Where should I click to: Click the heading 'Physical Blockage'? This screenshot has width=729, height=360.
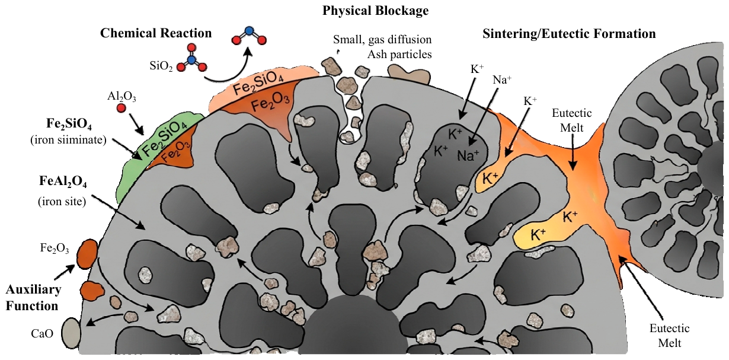pos(375,11)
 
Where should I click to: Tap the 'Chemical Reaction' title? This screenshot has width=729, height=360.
pos(156,33)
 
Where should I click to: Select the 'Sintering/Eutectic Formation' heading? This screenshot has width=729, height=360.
pos(569,34)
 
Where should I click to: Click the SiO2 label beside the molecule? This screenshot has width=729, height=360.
pos(161,66)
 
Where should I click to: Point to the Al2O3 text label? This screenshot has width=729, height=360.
pos(121,97)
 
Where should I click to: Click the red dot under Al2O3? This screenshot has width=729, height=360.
pos(121,108)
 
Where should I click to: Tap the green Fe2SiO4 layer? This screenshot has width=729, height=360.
pos(156,153)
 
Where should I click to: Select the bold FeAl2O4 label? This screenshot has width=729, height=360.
pos(63,181)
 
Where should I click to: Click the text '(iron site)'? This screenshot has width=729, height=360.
pos(62,201)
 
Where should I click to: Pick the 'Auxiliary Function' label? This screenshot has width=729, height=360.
pos(33,298)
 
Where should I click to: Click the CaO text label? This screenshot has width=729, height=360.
pos(42,333)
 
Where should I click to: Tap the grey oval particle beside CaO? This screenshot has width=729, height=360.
pos(71,333)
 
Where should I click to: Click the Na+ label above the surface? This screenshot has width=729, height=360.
pos(502,79)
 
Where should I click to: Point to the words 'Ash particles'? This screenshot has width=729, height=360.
pos(399,54)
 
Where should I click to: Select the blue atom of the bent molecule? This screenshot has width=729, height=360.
pos(249,31)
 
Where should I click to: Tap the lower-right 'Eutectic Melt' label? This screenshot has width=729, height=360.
pos(670,336)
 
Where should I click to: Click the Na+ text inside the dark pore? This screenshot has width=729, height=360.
pos(468,155)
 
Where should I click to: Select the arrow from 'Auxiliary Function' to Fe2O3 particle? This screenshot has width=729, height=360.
pos(65,272)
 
